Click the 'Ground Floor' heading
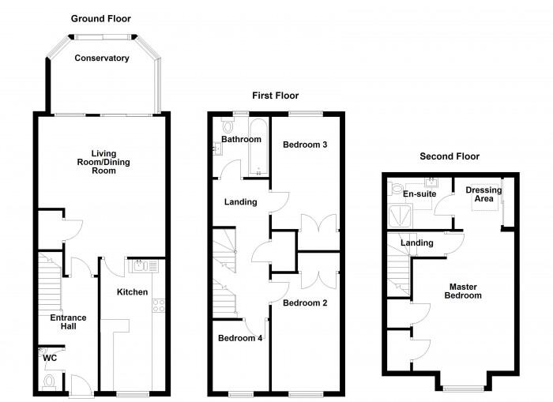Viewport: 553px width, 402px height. pyautogui.click(x=101, y=18)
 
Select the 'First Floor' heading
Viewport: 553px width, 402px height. pyautogui.click(x=275, y=96)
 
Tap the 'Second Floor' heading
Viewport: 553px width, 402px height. pyautogui.click(x=450, y=156)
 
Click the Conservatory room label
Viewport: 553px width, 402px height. pyautogui.click(x=102, y=58)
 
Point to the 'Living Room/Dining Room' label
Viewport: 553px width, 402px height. pyautogui.click(x=102, y=162)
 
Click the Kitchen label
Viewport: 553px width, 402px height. pyautogui.click(x=133, y=292)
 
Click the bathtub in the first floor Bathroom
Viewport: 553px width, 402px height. pyautogui.click(x=258, y=148)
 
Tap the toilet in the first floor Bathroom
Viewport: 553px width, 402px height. pyautogui.click(x=229, y=126)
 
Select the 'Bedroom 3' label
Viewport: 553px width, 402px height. pyautogui.click(x=305, y=145)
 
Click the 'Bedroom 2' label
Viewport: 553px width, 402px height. pyautogui.click(x=305, y=303)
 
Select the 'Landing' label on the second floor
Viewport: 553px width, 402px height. pyautogui.click(x=417, y=242)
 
